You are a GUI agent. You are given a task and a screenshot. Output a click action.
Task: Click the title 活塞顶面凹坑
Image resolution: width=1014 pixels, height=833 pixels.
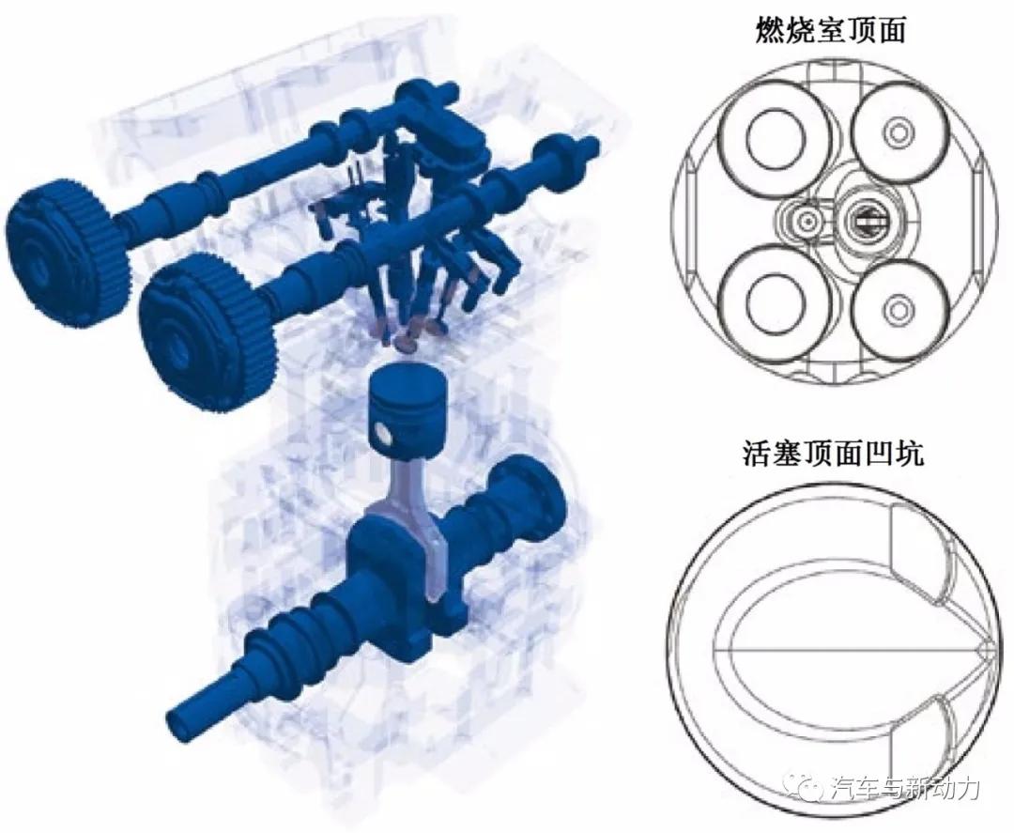point(830,455)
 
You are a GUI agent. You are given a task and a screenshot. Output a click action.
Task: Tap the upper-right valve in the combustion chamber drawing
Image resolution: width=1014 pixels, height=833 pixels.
point(899,130)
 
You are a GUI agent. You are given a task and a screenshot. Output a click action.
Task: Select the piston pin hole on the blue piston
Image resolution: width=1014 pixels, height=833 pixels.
point(382,433)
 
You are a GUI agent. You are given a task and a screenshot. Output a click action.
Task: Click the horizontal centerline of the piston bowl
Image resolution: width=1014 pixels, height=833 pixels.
point(845,651)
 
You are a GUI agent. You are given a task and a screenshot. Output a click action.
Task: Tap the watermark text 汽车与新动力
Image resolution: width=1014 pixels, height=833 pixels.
point(905,787)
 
